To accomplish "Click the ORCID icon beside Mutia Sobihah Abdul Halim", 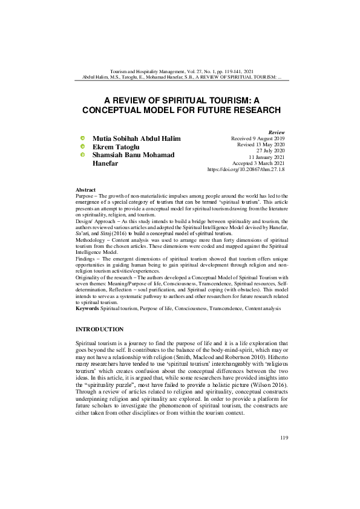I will pos(82,138).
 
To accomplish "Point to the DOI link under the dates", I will pos(246,170).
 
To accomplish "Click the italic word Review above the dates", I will pos(276,132).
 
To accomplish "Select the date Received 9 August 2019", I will pos(258,138).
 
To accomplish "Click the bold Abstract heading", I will pos(85,190).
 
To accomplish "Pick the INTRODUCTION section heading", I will pos(99,329).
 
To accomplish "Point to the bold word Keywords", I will pos(87,308).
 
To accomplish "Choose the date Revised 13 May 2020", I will pos(261,145).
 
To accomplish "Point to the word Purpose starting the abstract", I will pos(85,196).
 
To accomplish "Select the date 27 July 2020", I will pos(269,151).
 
